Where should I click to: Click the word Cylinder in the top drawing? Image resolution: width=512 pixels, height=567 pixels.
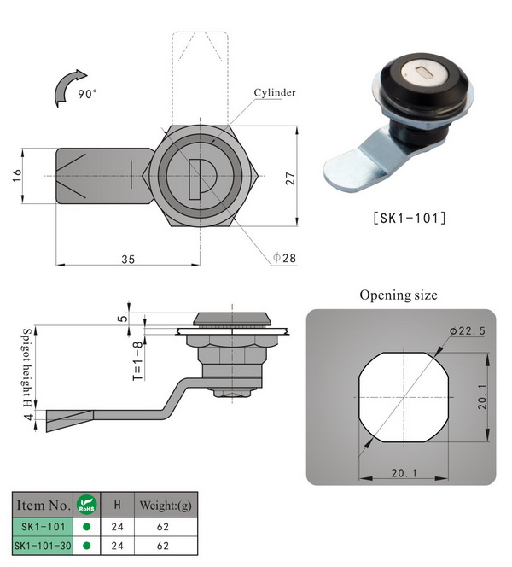(x=275, y=92)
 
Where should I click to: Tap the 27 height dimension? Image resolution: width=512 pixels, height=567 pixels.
(x=290, y=178)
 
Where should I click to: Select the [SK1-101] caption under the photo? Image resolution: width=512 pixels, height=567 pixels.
(x=410, y=218)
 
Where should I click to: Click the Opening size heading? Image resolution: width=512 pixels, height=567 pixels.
(x=399, y=295)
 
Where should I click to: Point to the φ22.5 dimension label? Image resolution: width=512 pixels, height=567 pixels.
(x=468, y=330)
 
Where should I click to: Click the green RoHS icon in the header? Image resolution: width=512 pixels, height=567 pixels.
(x=87, y=505)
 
